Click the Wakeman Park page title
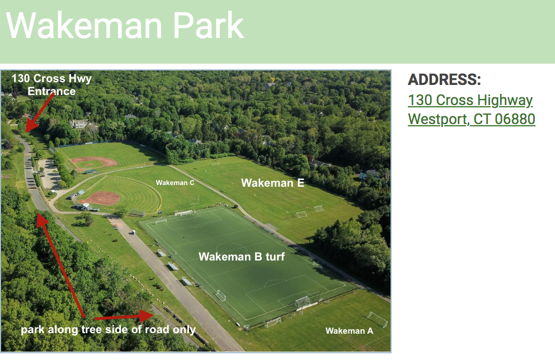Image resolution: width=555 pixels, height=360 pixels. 125,26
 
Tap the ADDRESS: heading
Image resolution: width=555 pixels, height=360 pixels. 444,79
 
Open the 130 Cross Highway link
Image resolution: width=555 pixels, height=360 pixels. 470,100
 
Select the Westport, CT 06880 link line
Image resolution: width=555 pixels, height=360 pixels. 472,119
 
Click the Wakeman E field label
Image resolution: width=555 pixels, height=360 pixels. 272,183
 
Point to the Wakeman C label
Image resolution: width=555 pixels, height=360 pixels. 175,183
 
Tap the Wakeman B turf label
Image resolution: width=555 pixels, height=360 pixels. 241,257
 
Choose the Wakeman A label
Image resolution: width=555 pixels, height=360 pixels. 349,331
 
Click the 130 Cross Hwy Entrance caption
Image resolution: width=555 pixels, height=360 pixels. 51,84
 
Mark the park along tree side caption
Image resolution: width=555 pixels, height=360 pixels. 109,330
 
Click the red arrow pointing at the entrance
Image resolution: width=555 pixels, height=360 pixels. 39,112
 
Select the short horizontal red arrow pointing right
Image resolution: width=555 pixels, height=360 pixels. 124,316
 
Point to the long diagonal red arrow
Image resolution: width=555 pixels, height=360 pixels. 60,265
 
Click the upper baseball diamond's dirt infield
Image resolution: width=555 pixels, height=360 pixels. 94,163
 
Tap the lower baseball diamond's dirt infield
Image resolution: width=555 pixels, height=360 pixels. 100,198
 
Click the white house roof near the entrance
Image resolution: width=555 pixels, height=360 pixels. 80,124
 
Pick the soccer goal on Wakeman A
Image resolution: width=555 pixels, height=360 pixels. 377,319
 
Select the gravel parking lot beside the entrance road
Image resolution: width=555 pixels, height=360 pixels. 49,174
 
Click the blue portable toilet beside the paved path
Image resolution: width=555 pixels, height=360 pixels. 134,233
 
